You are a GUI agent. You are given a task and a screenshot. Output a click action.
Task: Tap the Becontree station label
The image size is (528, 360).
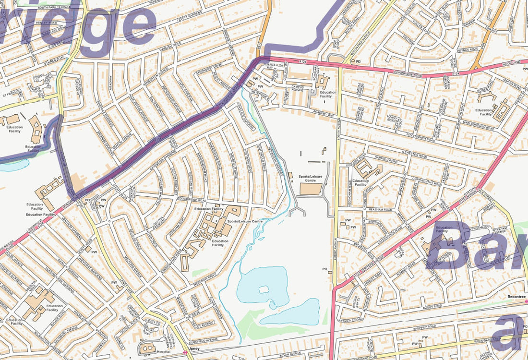pyautogui.click(x=517, y=297)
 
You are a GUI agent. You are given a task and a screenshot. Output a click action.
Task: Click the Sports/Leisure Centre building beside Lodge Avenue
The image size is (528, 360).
pyautogui.click(x=311, y=189)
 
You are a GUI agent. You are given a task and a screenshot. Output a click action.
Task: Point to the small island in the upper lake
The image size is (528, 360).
pyautogui.click(x=263, y=289)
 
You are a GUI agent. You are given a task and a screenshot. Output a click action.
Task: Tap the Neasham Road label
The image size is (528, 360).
pyautogui.click(x=381, y=210)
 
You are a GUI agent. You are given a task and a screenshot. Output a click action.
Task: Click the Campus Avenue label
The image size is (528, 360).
pyautogui.click(x=300, y=88)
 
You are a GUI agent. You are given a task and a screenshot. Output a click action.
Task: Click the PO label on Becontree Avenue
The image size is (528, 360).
pyautogui.click(x=358, y=61)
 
